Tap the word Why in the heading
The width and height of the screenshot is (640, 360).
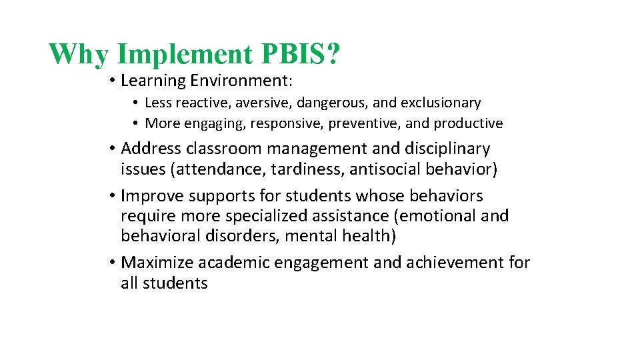(77, 55)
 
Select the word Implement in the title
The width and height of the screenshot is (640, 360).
(183, 55)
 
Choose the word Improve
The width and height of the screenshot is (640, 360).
(153, 197)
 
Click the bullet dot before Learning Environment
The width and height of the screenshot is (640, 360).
(113, 81)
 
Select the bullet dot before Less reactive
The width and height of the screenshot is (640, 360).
(135, 103)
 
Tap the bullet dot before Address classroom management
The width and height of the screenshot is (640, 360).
(113, 149)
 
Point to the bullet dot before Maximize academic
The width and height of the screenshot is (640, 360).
(113, 263)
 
